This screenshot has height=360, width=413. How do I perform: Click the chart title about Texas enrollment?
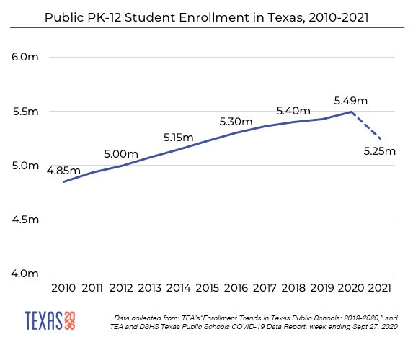(x=206, y=16)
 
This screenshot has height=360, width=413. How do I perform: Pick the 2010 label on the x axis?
(x=63, y=288)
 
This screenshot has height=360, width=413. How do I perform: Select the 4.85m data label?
(x=63, y=171)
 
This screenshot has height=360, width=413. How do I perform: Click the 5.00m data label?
(x=121, y=153)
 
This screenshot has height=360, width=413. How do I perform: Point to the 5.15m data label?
(x=179, y=137)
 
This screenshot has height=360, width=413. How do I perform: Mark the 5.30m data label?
(x=236, y=121)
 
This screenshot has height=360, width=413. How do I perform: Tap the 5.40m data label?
(x=293, y=111)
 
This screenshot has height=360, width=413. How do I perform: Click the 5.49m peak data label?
(x=351, y=99)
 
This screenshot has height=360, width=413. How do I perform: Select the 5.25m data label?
(x=380, y=151)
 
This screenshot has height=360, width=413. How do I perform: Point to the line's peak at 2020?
(x=351, y=112)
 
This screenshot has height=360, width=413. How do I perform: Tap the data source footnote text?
(x=256, y=321)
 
